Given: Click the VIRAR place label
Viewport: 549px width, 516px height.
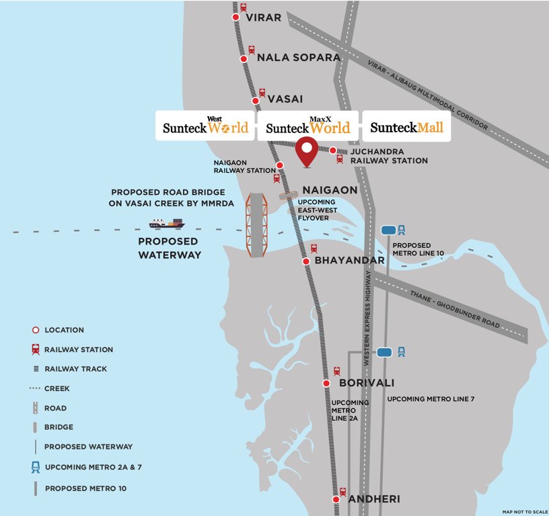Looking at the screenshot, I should coord(263,17).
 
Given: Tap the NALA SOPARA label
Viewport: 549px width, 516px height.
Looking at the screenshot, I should coord(299,58).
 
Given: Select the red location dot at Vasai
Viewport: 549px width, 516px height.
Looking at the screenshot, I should coord(256,101).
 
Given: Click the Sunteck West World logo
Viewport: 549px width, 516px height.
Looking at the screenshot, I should coord(205,126).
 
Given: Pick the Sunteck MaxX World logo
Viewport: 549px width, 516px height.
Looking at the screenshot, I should coord(308,126).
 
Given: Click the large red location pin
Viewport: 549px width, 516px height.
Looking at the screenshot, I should coord(308,150).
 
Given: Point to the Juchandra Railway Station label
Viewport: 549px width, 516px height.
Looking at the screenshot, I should coord(389,157).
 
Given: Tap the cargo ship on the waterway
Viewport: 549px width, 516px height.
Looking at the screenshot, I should coord(167,222).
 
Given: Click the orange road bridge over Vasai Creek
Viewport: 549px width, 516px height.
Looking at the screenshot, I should coord(256,224).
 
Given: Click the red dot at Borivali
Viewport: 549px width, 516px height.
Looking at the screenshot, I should coord(326,384).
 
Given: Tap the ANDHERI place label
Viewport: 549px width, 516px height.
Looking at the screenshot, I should coord(373,499).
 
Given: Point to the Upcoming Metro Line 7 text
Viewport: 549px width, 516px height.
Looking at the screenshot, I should coord(431,399).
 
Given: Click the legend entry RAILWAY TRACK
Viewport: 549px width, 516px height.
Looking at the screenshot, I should coord(75,369).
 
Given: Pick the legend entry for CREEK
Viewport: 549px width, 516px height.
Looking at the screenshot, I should coord(57,388).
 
